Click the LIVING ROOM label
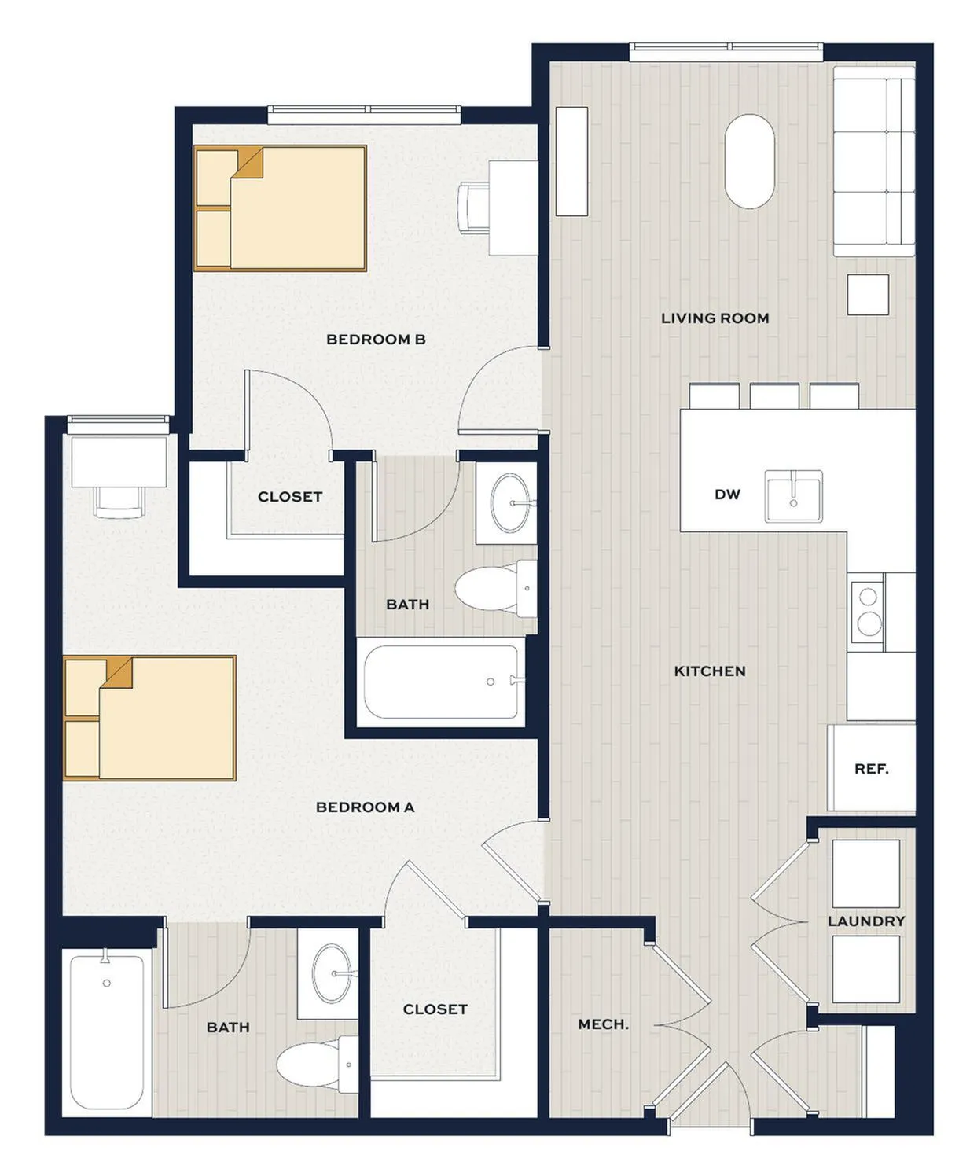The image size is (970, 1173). coord(715,318)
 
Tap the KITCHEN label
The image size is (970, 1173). coord(710,671)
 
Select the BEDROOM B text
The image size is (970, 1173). coord(376,340)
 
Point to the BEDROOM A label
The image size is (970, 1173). coord(365,807)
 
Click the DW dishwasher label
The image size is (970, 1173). coord(727,495)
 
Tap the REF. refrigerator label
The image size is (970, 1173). coord(872,769)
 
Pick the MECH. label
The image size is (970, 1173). coord(603,1024)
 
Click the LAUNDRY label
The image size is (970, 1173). coord(866,921)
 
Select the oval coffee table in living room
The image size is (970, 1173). coord(750,162)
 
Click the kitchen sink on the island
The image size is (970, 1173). coord(793,497)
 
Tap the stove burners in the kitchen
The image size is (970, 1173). coord(868,612)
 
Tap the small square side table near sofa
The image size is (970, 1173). coord(868,294)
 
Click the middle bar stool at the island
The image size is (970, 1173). coord(774,395)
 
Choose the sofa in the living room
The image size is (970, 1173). coord(874,161)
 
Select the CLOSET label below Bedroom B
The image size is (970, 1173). coord(290,497)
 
